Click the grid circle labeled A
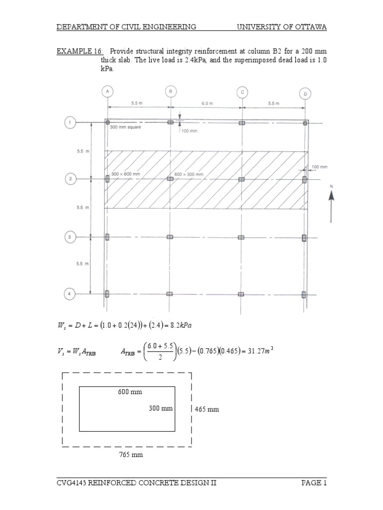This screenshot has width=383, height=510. point(107,91)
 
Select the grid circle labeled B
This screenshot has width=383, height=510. point(171,91)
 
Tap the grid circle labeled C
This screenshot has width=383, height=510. point(242,92)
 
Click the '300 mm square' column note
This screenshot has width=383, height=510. point(126,127)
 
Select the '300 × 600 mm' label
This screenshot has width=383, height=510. point(125,174)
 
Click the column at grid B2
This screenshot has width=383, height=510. point(171,179)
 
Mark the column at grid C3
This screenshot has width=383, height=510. point(241,237)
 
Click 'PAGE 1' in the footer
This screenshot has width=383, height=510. point(314,483)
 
